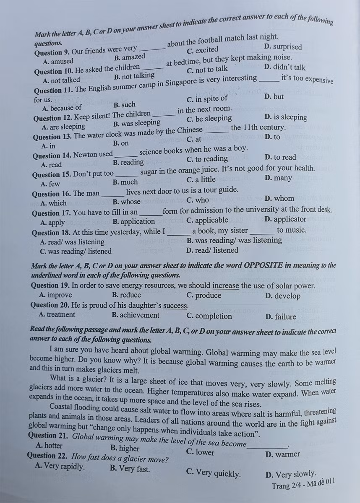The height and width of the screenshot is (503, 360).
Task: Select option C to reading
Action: [207, 159]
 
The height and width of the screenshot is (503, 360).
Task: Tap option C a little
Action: [201, 180]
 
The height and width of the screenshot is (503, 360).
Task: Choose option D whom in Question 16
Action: [279, 199]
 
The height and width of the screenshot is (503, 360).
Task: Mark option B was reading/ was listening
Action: [234, 240]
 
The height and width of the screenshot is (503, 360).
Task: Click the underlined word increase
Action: [226, 286]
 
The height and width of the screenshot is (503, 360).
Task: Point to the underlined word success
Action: [175, 306]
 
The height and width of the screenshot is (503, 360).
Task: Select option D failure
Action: [281, 317]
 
